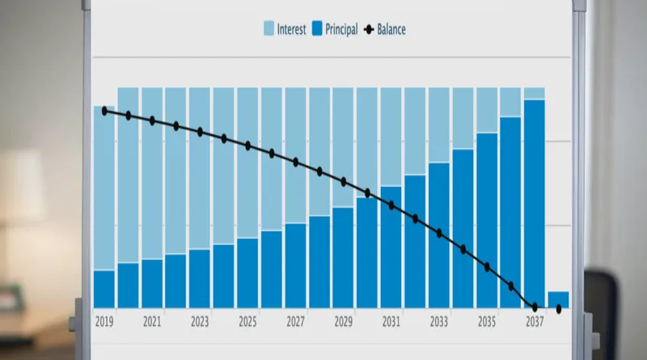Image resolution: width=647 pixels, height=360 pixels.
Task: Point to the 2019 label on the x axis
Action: tap(104, 322)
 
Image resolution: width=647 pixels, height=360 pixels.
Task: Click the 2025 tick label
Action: tap(247, 322)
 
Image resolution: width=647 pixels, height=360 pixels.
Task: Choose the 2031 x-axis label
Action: tap(391, 322)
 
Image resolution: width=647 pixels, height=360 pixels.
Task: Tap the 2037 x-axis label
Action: tap(534, 322)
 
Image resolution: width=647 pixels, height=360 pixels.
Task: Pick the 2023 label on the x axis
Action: tap(200, 322)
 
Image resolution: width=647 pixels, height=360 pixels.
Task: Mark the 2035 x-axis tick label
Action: tap(486, 322)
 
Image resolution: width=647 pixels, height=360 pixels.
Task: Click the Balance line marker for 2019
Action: tap(104, 110)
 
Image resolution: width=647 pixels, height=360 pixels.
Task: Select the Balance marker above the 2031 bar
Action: tap(391, 205)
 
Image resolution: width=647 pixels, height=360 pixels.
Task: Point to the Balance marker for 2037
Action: tap(535, 307)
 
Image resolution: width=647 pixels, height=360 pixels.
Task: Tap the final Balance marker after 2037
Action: tap(558, 308)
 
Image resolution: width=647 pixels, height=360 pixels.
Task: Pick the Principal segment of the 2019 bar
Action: tap(104, 289)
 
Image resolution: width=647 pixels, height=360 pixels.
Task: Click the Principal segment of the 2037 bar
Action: tap(534, 202)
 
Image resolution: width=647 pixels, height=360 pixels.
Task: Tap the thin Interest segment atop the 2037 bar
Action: tap(534, 93)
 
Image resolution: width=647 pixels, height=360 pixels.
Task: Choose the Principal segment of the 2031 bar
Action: tap(391, 251)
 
